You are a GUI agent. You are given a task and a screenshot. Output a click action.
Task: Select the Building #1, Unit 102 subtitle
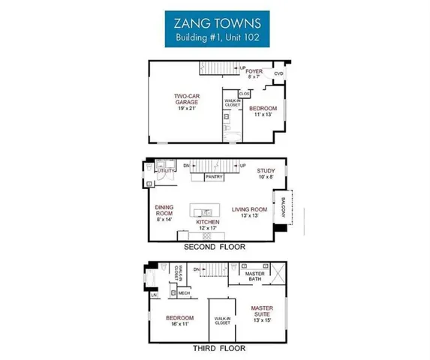[x=214, y=37]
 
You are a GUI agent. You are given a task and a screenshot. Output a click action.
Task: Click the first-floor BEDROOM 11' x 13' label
[x=263, y=110]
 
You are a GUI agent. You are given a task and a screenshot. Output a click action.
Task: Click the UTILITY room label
[x=165, y=171]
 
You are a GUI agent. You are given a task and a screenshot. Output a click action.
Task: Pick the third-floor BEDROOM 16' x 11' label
[x=180, y=320]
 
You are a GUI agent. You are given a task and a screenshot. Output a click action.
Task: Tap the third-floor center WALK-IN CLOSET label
[x=221, y=321]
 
